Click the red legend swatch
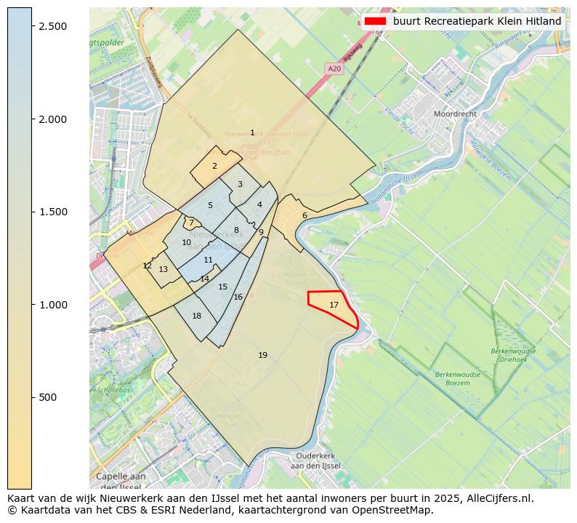click(376, 21)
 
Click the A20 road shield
click(334, 68)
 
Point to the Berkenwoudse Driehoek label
click(513, 355)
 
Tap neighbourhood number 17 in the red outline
click(334, 305)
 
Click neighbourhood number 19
click(263, 355)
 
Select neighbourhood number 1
click(252, 132)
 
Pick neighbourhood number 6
click(304, 215)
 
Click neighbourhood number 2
click(214, 166)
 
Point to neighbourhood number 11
click(209, 260)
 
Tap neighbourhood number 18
click(197, 316)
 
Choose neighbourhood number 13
click(164, 269)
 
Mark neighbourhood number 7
click(191, 223)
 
